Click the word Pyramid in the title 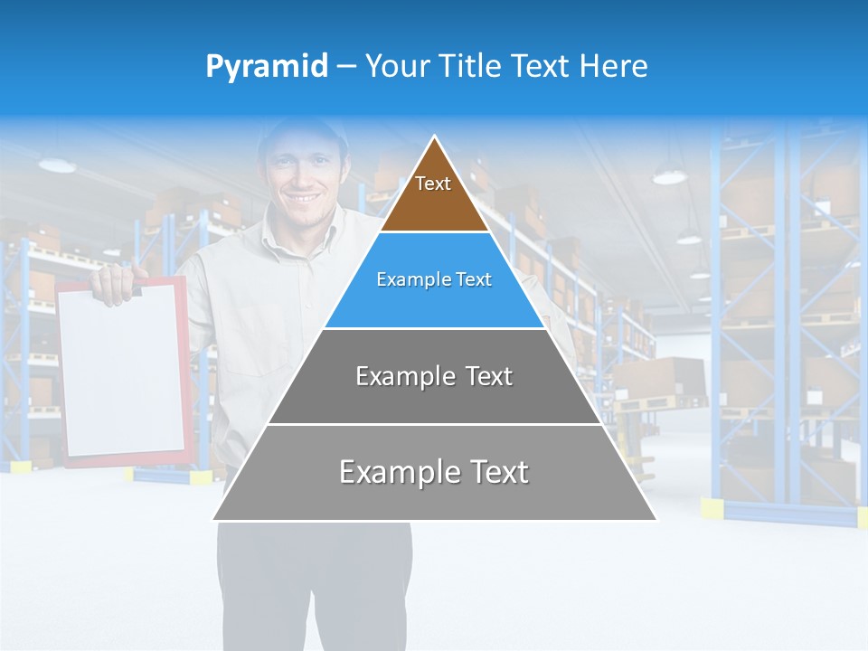(x=266, y=66)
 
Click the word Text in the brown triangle (x=433, y=184)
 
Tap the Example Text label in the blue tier (x=434, y=279)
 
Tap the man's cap (x=303, y=132)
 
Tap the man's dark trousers (x=312, y=579)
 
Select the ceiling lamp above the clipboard (x=57, y=165)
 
